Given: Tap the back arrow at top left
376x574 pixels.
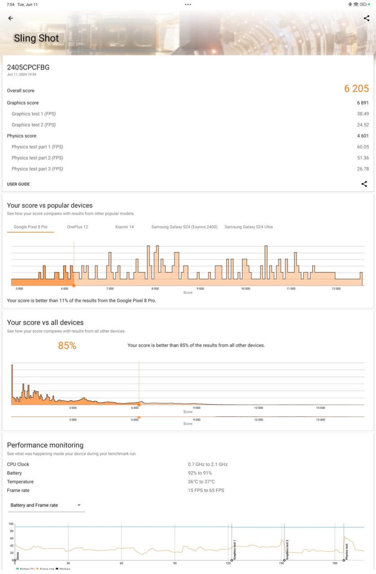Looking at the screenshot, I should (x=11, y=18).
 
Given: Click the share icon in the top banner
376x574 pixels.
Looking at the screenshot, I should (x=366, y=18).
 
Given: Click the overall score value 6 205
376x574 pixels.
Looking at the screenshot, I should (x=356, y=89).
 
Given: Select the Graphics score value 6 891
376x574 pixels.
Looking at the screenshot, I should (x=363, y=103).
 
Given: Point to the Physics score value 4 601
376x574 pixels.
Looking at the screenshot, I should (x=363, y=136).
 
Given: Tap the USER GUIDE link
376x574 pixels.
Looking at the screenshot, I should (x=18, y=184).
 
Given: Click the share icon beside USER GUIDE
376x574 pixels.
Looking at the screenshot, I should (x=364, y=184).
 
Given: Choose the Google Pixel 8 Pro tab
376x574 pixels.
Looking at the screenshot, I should (x=31, y=227).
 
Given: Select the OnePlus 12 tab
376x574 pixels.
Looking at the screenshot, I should (x=78, y=227).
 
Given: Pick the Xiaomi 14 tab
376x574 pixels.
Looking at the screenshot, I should (x=124, y=227).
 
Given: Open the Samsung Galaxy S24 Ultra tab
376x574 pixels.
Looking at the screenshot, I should (x=249, y=227).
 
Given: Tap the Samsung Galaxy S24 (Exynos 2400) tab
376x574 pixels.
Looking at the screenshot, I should (x=184, y=227).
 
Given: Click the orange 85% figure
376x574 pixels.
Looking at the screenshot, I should (x=67, y=346).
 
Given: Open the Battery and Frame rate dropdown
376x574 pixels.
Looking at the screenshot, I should (x=46, y=505).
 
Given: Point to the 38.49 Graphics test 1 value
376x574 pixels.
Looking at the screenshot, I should (x=363, y=114).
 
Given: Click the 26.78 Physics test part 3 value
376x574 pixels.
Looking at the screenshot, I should (x=363, y=169).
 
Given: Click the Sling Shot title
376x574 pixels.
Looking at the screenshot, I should (x=36, y=39).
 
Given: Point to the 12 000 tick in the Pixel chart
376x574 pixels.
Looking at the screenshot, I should (x=336, y=289).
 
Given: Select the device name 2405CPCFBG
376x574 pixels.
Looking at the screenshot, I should (x=28, y=67).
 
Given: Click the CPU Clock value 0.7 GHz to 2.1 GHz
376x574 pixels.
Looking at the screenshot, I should (x=208, y=465).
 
